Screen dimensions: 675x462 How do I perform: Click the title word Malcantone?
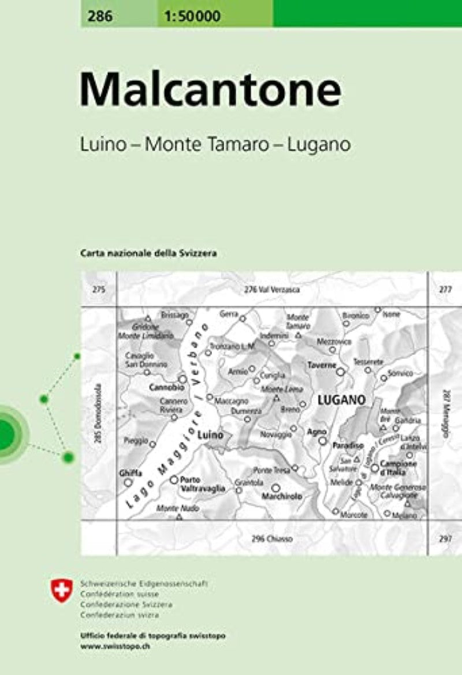tap(210, 91)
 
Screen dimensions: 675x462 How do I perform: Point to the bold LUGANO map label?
tap(341, 399)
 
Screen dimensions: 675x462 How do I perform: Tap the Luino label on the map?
tap(210, 436)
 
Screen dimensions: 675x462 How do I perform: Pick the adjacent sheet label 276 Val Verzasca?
tap(271, 290)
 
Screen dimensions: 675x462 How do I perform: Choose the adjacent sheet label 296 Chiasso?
tap(273, 539)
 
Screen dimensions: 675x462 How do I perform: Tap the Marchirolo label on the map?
tap(282, 496)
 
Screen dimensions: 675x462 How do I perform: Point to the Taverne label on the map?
tap(322, 365)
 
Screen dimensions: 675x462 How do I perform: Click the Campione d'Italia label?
tap(398, 467)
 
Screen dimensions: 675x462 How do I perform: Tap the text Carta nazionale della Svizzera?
tap(148, 253)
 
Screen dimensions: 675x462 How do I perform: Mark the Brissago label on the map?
tap(175, 314)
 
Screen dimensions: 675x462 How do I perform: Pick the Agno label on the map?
tap(317, 432)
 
